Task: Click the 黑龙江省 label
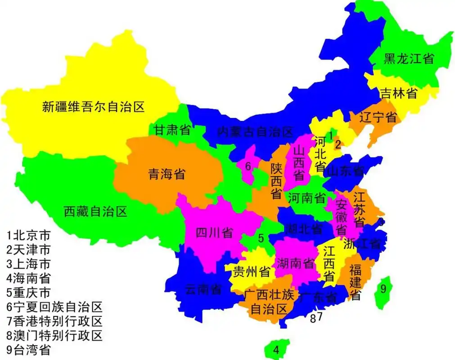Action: pyautogui.click(x=409, y=59)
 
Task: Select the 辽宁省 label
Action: pyautogui.click(x=378, y=117)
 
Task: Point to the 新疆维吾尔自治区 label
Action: pyautogui.click(x=93, y=107)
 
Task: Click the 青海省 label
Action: pyautogui.click(x=167, y=175)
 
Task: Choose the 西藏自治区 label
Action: pyautogui.click(x=95, y=211)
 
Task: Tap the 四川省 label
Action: pyautogui.click(x=215, y=233)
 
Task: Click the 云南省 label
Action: pyautogui.click(x=203, y=289)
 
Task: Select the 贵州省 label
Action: pyautogui.click(x=252, y=272)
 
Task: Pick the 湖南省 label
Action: pyautogui.click(x=296, y=263)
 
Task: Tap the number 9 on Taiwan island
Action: pyautogui.click(x=383, y=289)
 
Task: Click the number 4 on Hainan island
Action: pyautogui.click(x=276, y=350)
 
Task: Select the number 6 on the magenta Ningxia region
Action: pyautogui.click(x=248, y=166)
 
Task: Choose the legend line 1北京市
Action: pyautogui.click(x=28, y=235)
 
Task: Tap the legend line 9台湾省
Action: pyautogui.click(x=28, y=350)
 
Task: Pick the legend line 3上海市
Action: pyautogui.click(x=28, y=264)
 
